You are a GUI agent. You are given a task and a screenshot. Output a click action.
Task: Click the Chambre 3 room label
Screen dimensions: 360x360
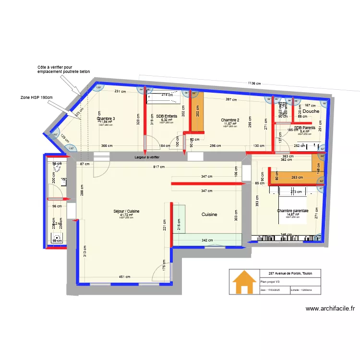106,119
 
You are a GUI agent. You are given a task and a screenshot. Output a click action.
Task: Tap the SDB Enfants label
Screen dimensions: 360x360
167,116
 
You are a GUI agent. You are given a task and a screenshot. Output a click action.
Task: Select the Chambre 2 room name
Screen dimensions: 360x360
230,120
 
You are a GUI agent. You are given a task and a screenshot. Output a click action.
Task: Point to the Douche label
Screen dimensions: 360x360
311,111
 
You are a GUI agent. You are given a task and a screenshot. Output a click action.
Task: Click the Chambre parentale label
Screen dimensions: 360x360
292,211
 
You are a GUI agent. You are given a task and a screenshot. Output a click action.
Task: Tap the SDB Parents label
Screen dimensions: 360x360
305,128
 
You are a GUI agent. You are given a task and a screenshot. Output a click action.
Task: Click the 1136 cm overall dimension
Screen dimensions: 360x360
254,84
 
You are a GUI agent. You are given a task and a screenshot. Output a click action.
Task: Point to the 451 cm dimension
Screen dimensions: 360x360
124,277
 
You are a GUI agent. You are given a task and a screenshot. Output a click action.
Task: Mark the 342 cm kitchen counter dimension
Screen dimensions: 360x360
207,240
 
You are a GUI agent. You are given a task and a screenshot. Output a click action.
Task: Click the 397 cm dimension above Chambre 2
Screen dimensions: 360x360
231,100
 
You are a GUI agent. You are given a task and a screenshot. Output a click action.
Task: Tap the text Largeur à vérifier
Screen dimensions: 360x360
147,157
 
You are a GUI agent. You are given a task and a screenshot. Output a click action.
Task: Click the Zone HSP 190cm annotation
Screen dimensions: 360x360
36,97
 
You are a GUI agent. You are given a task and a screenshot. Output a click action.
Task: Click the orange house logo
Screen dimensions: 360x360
244,282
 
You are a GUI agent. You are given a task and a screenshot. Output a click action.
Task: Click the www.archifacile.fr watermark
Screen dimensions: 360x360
330,309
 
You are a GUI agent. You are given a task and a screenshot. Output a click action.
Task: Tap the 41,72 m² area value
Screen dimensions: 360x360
126,215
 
